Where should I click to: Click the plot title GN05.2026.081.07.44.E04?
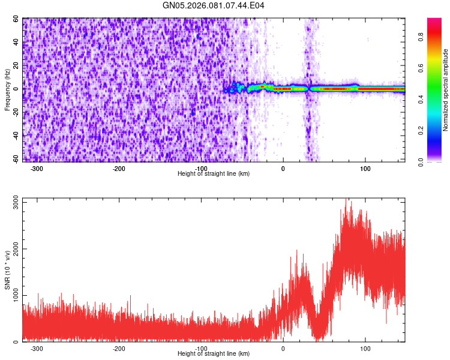tap(214, 5)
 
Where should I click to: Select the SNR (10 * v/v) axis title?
tap(7, 271)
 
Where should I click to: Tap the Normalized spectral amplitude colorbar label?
tap(446, 90)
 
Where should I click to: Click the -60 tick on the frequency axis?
tap(16, 158)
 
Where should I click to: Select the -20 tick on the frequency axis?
tap(16, 112)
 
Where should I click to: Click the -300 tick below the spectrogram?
tap(37, 169)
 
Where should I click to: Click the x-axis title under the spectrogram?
tap(214, 174)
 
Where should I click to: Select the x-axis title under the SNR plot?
tap(214, 354)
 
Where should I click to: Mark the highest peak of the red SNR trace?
tap(346, 199)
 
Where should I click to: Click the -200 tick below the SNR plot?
tap(119, 349)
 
